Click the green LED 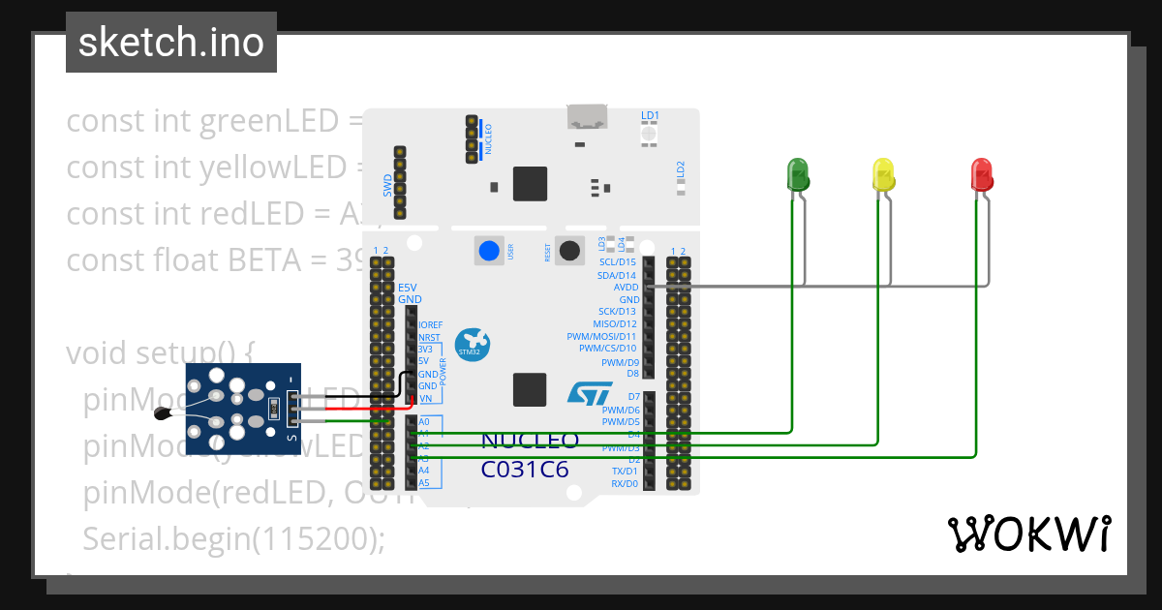pos(797,174)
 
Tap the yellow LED pos(884,174)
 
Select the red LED pos(982,174)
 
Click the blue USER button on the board pos(489,251)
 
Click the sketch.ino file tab pos(171,43)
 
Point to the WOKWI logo pos(1028,534)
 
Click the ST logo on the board pos(589,392)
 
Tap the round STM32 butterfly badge pos(473,343)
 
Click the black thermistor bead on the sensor pos(164,414)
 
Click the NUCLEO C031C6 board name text pos(530,455)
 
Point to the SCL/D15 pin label pos(617,262)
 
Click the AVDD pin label pos(626,288)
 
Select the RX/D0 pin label pos(624,483)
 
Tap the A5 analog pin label pos(423,482)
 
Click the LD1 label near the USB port pos(650,116)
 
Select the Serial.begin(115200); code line pos(233,537)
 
